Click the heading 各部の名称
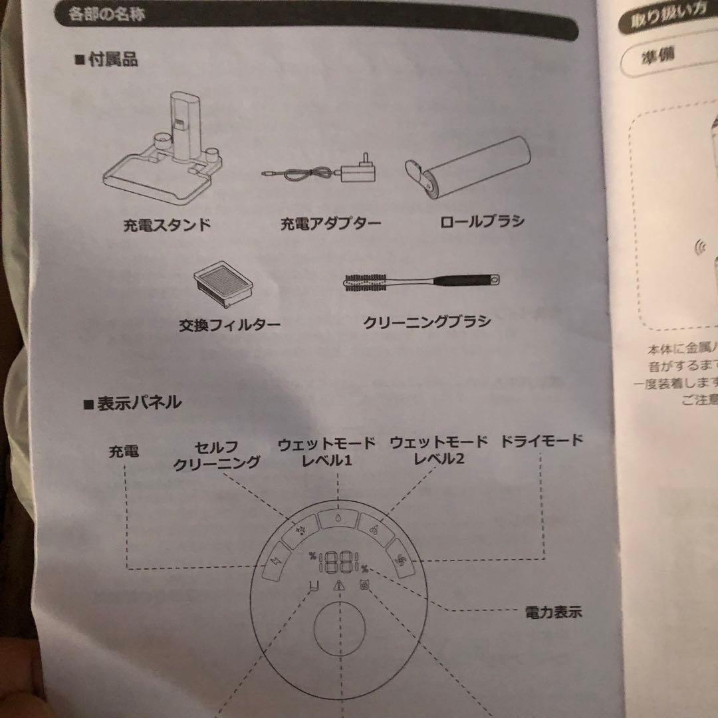(106, 13)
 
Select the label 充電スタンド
(167, 225)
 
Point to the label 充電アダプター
(330, 223)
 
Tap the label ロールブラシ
(482, 221)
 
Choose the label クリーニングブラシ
(427, 322)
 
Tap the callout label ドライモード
(541, 439)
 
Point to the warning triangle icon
(339, 586)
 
